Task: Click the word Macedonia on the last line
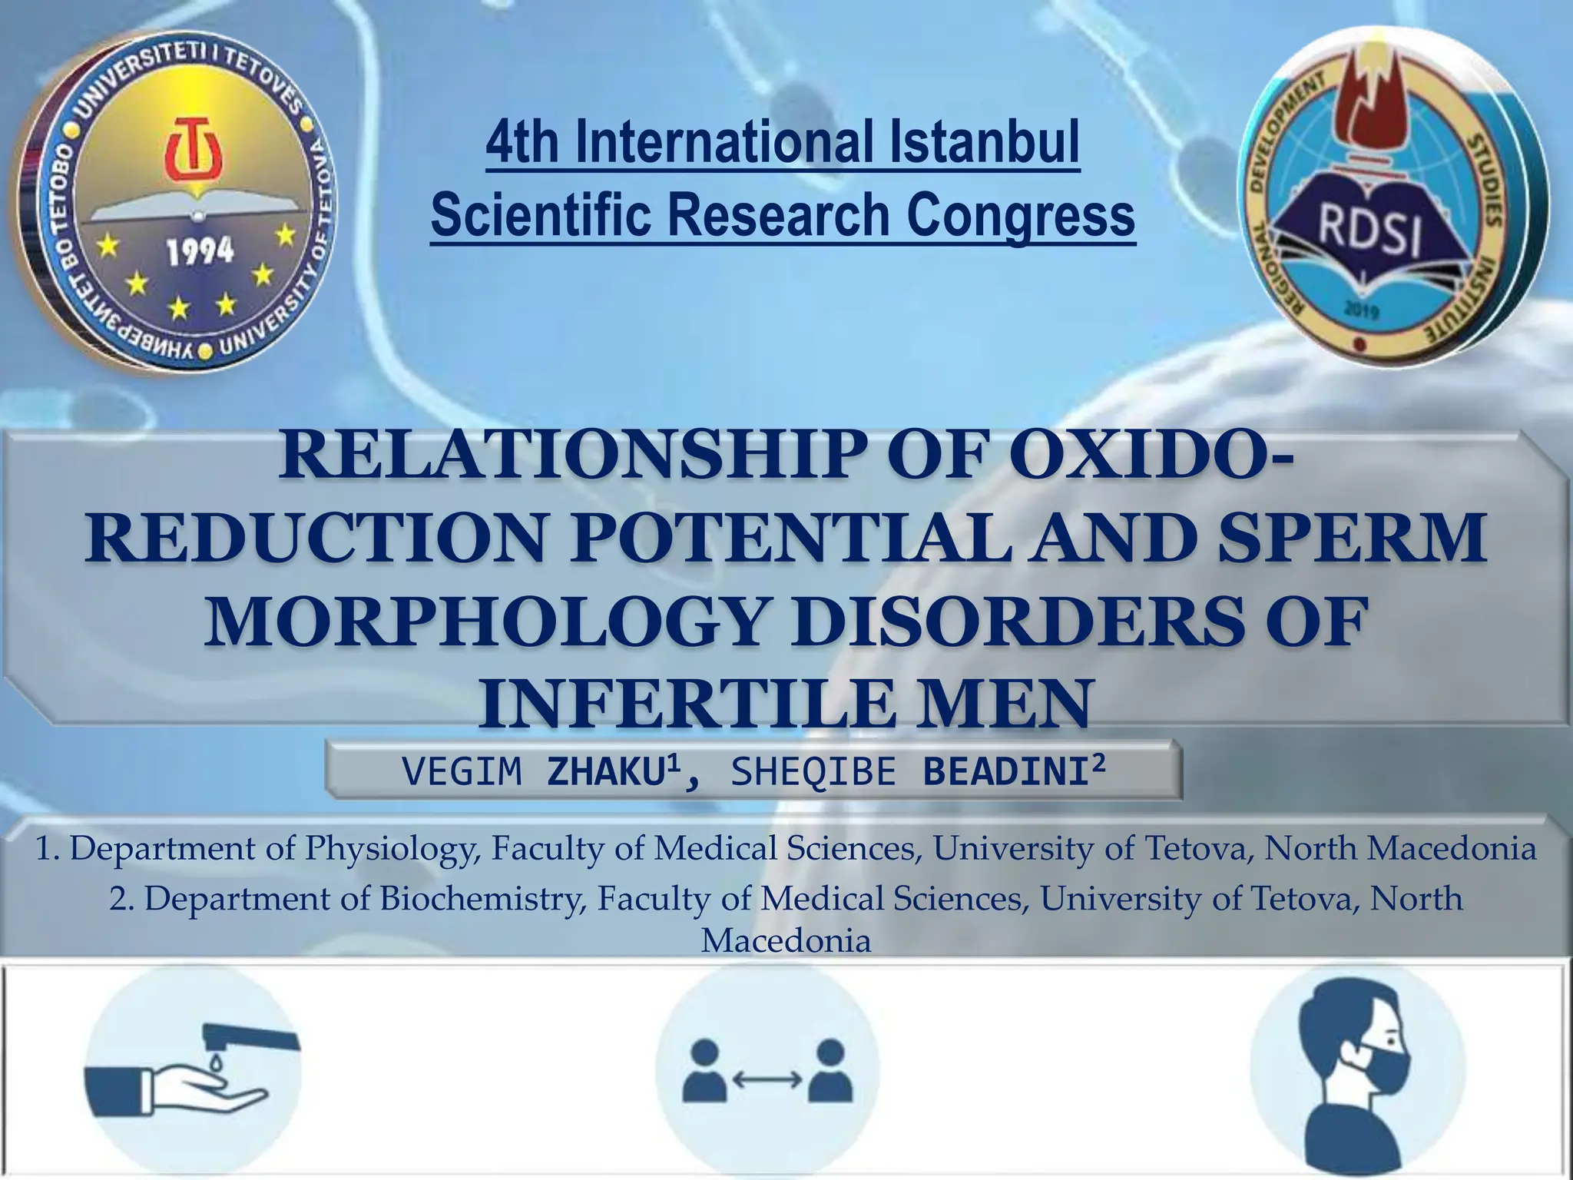786,941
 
